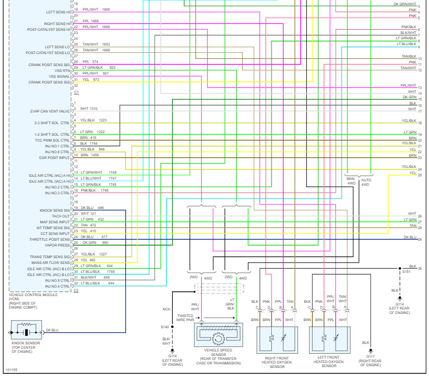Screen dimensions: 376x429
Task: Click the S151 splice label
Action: (406, 271)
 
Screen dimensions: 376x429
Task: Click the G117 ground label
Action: (370, 356)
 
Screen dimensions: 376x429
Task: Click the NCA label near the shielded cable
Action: (166, 309)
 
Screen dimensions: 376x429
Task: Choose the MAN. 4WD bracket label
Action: (352, 181)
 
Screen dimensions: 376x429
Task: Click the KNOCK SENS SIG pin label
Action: (55, 210)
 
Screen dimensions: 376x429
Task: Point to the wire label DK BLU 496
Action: (92, 208)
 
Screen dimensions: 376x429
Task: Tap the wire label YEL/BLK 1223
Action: (94, 120)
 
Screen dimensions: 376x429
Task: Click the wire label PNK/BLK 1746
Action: (95, 190)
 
